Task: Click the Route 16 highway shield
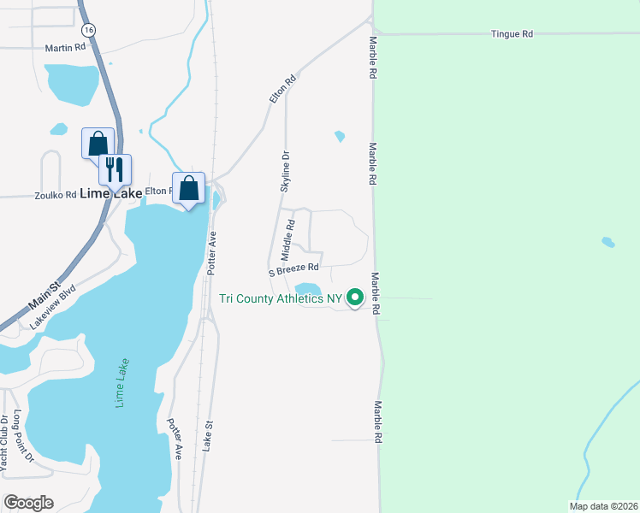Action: coord(90,30)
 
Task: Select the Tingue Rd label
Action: coord(512,34)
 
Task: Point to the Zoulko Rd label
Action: coord(56,195)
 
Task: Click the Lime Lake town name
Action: coord(111,194)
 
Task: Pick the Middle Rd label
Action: coord(288,239)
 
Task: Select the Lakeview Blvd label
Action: coord(53,306)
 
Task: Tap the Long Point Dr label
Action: coord(22,435)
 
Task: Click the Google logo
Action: coord(28,503)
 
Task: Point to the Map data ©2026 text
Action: coord(603,506)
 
